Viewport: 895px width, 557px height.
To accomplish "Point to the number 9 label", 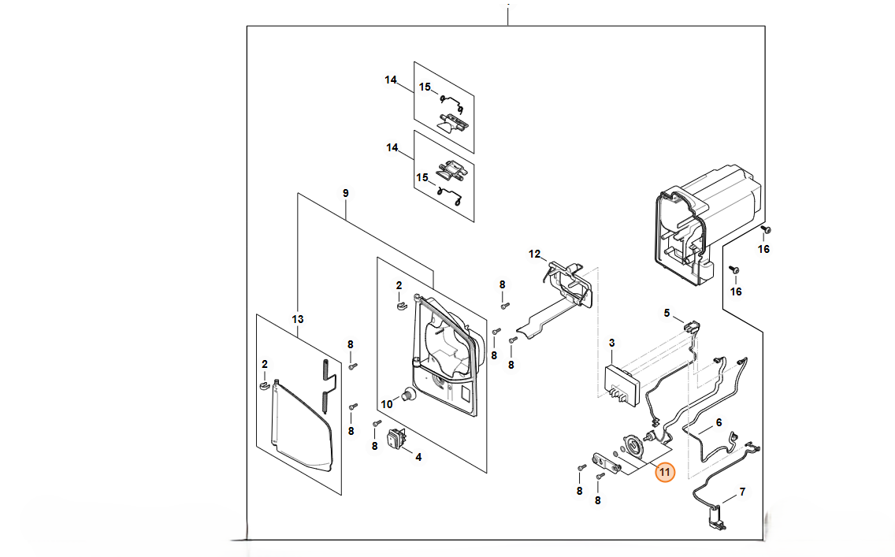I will pos(345,193).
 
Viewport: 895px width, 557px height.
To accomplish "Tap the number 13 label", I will pos(297,319).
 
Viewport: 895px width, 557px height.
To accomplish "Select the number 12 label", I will pos(535,254).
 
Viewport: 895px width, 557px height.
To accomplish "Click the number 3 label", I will pos(611,343).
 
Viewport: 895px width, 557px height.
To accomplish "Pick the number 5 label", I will pos(667,313).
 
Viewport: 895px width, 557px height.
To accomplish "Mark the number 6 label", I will pos(718,423).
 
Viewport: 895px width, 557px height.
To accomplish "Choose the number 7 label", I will pos(741,492).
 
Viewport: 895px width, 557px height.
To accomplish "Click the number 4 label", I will pos(418,456).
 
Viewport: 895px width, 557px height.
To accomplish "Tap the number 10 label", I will pos(386,404).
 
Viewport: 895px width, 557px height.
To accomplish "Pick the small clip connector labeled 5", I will pos(692,327).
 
